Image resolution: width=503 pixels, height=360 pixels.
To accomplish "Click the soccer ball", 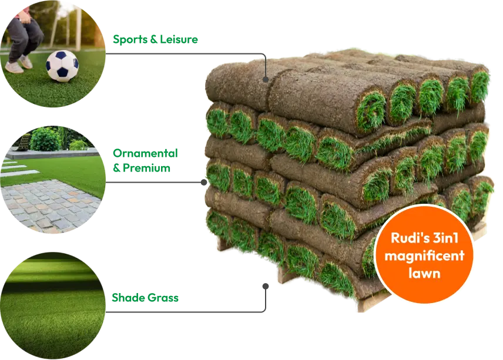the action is tap(62, 66).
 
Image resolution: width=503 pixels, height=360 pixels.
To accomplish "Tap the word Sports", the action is tap(130, 39).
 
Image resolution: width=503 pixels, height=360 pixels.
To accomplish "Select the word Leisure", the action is tap(179, 39).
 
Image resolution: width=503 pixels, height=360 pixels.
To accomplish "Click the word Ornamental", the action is tap(145, 153).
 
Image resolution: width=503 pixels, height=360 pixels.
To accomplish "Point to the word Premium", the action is tap(146, 167).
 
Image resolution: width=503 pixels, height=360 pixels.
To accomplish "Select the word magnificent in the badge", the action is tap(424, 255).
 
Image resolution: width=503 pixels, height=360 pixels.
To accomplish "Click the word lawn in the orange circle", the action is tap(424, 273).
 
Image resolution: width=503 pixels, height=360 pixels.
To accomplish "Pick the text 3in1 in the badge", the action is tap(445, 238).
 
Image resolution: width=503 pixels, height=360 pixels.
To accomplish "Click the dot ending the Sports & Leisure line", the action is tap(265, 79).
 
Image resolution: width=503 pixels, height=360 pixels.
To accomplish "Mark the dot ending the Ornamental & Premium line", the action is tap(204, 182).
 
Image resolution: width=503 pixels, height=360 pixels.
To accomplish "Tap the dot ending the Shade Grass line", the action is tap(265, 286).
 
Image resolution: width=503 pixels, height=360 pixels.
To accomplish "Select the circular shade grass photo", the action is tap(52, 305).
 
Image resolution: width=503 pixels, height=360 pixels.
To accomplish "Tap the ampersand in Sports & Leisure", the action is tap(153, 39).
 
